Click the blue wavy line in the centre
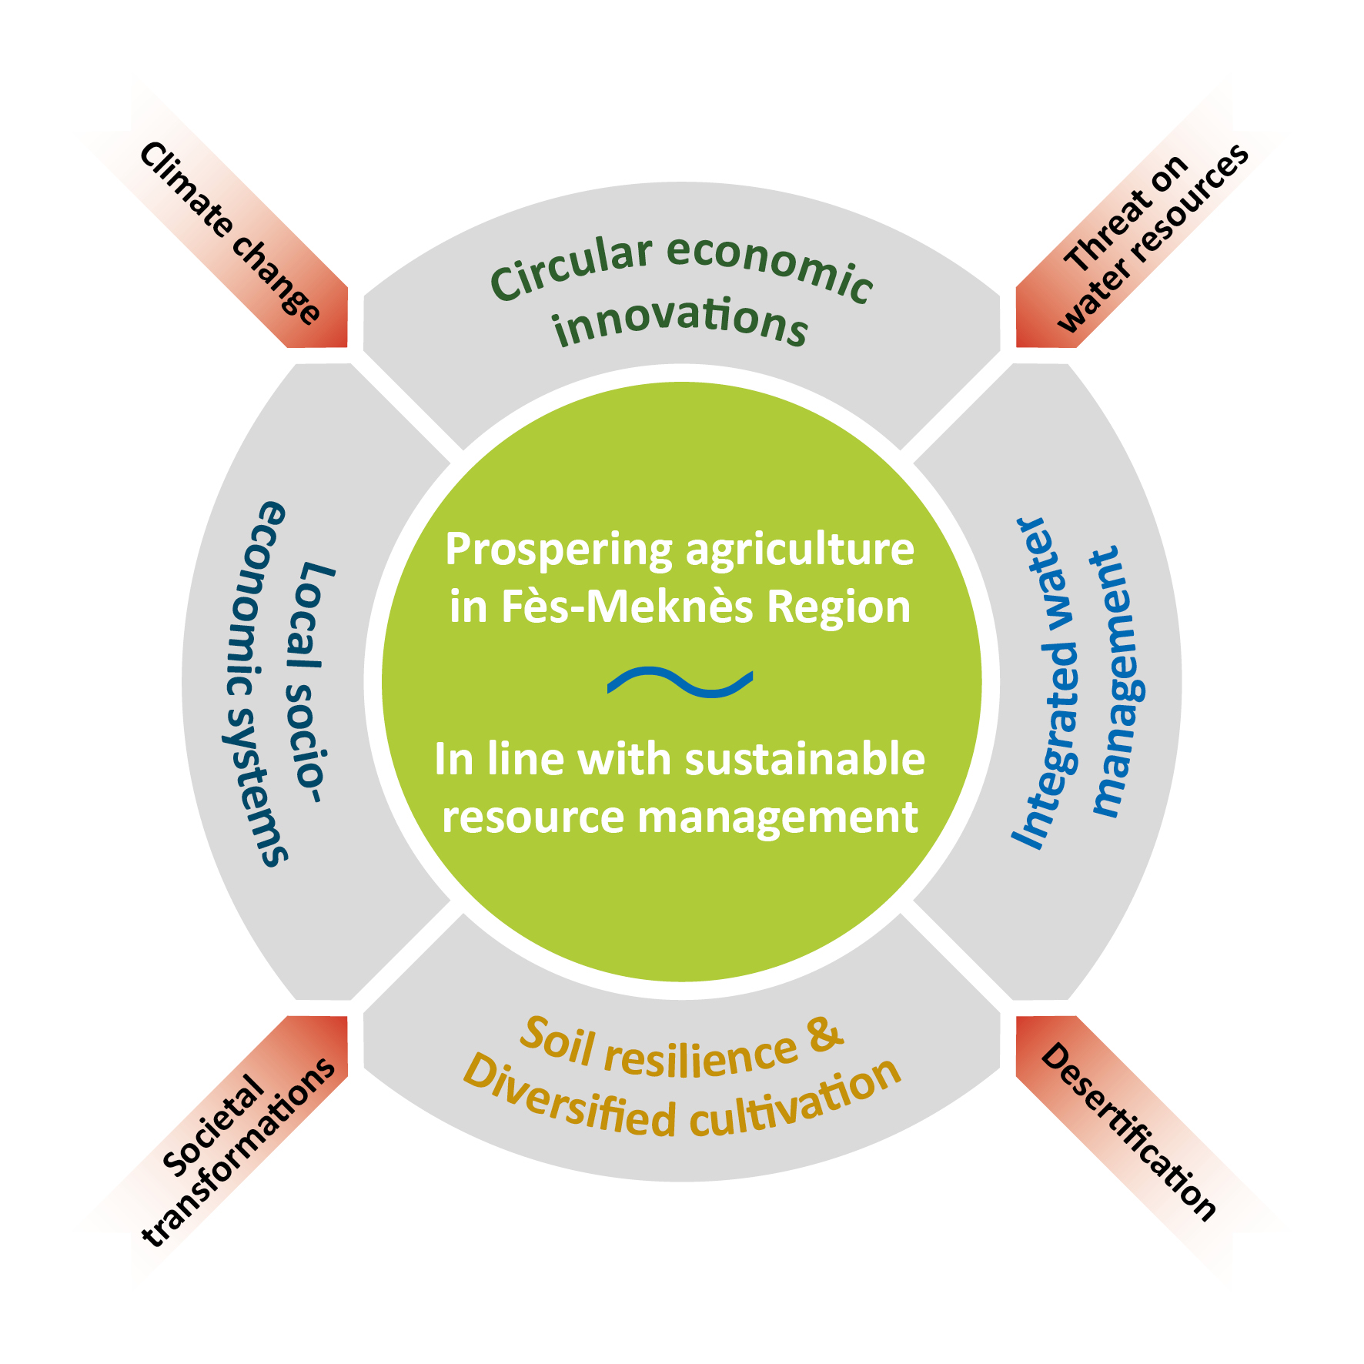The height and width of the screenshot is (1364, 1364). tap(680, 682)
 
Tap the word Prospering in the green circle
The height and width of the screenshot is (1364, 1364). tap(559, 551)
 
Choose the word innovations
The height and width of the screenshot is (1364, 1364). tap(680, 322)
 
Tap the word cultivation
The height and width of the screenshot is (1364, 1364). tap(797, 1102)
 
